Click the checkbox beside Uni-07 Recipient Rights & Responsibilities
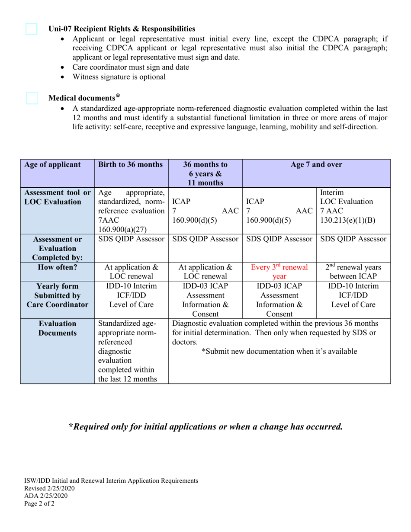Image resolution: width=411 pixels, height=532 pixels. [31, 29]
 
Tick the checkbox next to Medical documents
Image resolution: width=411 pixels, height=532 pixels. [32, 98]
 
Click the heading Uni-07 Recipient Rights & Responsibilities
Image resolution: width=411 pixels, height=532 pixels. [122, 29]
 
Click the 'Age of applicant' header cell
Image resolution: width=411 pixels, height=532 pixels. [52, 164]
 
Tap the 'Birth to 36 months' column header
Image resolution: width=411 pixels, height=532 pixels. [131, 164]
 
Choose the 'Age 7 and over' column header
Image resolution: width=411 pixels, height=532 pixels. [317, 164]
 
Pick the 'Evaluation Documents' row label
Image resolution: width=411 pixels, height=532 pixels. [57, 328]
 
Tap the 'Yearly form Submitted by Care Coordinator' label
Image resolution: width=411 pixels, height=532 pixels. [57, 295]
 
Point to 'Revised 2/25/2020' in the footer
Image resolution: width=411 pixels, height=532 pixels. [50, 488]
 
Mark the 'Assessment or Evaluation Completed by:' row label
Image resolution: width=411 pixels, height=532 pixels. [57, 248]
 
